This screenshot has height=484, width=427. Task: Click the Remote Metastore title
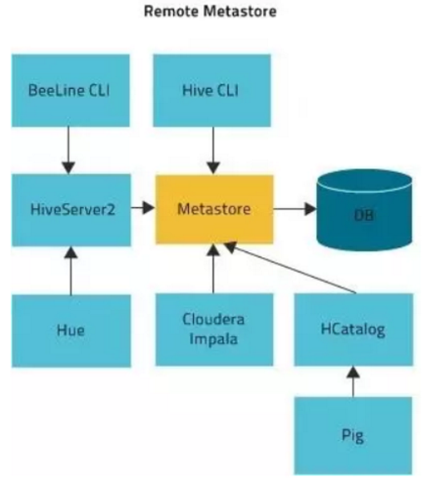tap(210, 11)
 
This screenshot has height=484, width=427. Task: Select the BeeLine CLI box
tap(70, 90)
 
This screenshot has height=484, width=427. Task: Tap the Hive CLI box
tap(212, 90)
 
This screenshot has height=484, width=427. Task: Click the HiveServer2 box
tap(71, 210)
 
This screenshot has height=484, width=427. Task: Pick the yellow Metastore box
tap(214, 209)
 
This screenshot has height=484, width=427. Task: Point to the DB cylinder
tap(364, 210)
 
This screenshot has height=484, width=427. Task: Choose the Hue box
tap(71, 331)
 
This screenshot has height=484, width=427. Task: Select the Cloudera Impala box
tap(214, 330)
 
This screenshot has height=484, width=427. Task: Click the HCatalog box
tap(353, 330)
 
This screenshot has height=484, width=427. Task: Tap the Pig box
tap(353, 436)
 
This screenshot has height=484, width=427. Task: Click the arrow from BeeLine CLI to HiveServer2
tap(69, 150)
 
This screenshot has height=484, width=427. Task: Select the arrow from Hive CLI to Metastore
tap(213, 151)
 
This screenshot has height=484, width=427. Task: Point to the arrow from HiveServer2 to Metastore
tap(143, 208)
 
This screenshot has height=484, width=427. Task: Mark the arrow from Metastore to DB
tap(295, 209)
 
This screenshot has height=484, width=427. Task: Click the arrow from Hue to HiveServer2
tap(71, 271)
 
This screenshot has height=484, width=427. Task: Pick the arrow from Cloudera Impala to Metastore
tap(213, 268)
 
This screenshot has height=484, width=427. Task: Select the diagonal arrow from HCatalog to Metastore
tap(290, 267)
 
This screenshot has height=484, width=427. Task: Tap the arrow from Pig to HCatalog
tap(353, 381)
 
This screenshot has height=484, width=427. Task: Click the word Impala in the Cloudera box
tap(213, 339)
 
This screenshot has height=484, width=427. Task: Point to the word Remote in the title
tap(171, 11)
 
